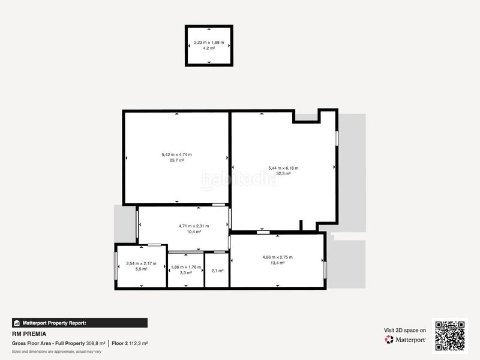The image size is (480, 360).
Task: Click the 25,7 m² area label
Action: click(x=176, y=160)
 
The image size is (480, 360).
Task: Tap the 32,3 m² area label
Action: click(x=283, y=173)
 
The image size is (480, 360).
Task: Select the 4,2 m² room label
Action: click(x=209, y=48)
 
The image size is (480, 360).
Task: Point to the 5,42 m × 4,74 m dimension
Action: click(x=176, y=155)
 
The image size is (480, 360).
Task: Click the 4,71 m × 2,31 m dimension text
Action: click(x=194, y=226)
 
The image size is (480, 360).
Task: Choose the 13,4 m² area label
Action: click(x=277, y=263)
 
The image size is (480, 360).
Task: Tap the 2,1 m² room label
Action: click(x=217, y=271)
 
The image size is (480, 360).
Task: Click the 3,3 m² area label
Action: click(x=186, y=273)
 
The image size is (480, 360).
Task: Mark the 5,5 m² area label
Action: click(x=141, y=269)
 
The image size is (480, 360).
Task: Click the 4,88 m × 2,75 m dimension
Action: click(x=277, y=257)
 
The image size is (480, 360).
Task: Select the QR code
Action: click(x=449, y=336)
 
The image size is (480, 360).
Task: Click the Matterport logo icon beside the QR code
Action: click(x=389, y=340)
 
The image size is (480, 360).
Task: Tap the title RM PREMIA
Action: click(x=29, y=334)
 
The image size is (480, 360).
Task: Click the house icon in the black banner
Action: click(x=17, y=323)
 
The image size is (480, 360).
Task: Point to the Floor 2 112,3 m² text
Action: click(x=130, y=343)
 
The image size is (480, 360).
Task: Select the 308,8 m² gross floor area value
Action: click(x=95, y=343)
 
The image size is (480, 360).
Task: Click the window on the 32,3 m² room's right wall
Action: click(x=337, y=139)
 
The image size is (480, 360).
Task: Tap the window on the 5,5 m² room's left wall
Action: click(x=116, y=266)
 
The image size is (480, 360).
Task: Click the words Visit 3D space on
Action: click(x=405, y=331)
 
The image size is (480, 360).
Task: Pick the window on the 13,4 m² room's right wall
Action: click(x=325, y=270)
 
